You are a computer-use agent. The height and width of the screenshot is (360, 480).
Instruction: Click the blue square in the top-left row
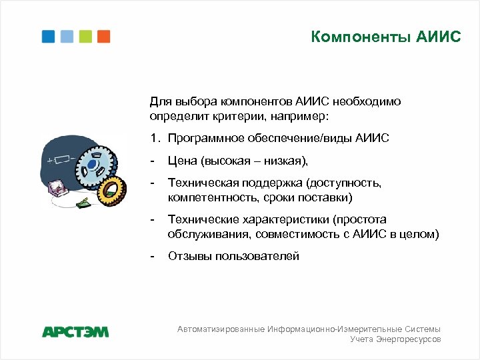click(x=48, y=36)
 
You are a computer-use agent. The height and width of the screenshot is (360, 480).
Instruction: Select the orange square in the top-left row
click(x=103, y=36)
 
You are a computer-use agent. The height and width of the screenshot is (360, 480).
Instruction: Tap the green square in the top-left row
click(x=85, y=36)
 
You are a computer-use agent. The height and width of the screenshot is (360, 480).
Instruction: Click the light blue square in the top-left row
click(x=67, y=36)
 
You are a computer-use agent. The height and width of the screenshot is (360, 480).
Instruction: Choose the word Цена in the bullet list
click(x=181, y=161)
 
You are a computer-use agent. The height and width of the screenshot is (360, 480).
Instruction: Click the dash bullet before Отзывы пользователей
click(x=153, y=256)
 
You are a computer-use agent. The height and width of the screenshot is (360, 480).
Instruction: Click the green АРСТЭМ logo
click(x=75, y=331)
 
